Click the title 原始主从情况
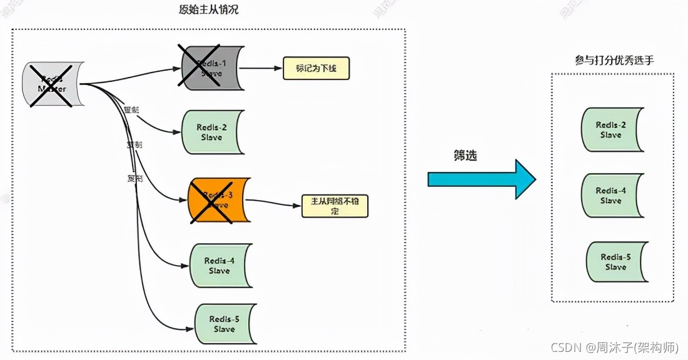[x=208, y=10]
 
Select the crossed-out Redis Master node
[x=53, y=84]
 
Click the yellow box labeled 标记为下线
[x=316, y=68]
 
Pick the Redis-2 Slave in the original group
[x=211, y=132]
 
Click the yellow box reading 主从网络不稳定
[x=335, y=206]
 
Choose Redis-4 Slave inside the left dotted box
[x=220, y=266]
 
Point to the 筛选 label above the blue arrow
[x=465, y=156]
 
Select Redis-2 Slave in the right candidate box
[x=612, y=129]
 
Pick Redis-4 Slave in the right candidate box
[x=612, y=196]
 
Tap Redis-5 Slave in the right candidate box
[x=616, y=262]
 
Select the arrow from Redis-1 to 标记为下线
[x=262, y=68]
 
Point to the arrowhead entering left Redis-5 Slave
[x=190, y=328]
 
